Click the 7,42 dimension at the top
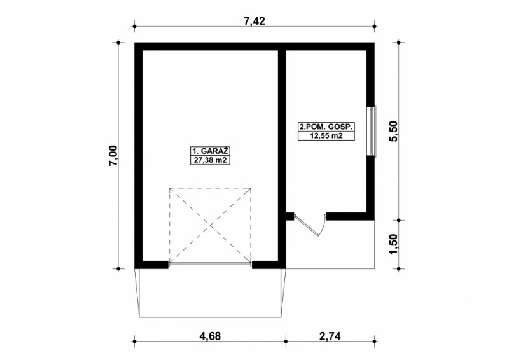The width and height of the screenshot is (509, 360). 254,21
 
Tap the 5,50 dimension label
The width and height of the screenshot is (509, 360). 393,131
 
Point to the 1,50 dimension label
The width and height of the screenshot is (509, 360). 393,244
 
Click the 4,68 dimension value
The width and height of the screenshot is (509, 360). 210,336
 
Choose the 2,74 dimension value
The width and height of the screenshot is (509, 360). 330,336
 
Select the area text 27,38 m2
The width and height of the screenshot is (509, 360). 210,160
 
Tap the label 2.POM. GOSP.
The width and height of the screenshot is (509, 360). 326,127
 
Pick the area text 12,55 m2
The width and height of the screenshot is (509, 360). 326,135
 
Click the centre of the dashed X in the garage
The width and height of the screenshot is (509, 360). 210,225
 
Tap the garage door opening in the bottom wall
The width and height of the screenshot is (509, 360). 210,264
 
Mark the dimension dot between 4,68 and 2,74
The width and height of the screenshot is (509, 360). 286,341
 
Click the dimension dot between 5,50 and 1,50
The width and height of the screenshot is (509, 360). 399,220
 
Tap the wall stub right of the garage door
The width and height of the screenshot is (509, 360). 265,265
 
